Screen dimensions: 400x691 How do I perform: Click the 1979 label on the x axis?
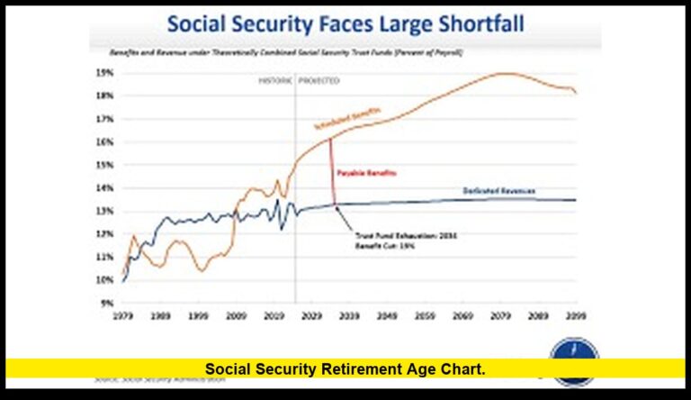[123, 317]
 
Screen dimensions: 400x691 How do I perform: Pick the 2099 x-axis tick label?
[576, 317]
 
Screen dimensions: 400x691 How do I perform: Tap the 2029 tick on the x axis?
[311, 317]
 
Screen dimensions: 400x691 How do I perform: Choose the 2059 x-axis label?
[425, 317]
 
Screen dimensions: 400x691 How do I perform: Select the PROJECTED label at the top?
[319, 81]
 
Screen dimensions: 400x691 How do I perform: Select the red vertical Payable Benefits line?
[332, 171]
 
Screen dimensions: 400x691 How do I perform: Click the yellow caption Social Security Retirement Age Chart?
[345, 368]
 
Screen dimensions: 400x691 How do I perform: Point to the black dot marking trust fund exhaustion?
[336, 206]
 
